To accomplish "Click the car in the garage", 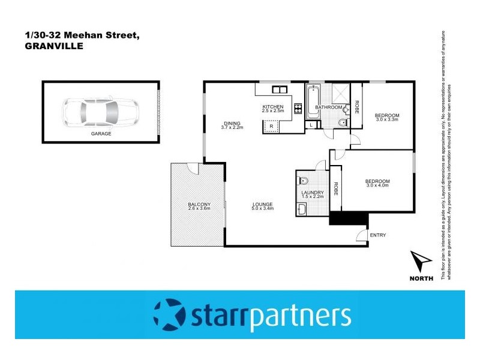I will tap(101, 111).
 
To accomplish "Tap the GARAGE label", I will tap(101, 134).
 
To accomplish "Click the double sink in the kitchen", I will tap(280, 90).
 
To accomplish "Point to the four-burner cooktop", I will tap(296, 110).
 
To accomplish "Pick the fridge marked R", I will tap(271, 127).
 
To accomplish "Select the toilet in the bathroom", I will tap(341, 124).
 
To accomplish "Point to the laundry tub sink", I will tap(302, 209).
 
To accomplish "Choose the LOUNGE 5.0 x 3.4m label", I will tap(263, 206).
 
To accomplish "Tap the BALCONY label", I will tap(199, 206).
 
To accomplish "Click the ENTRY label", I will tap(378, 235).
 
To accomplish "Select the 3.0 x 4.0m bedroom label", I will tap(378, 184).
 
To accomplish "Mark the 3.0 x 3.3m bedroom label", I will tap(387, 118).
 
